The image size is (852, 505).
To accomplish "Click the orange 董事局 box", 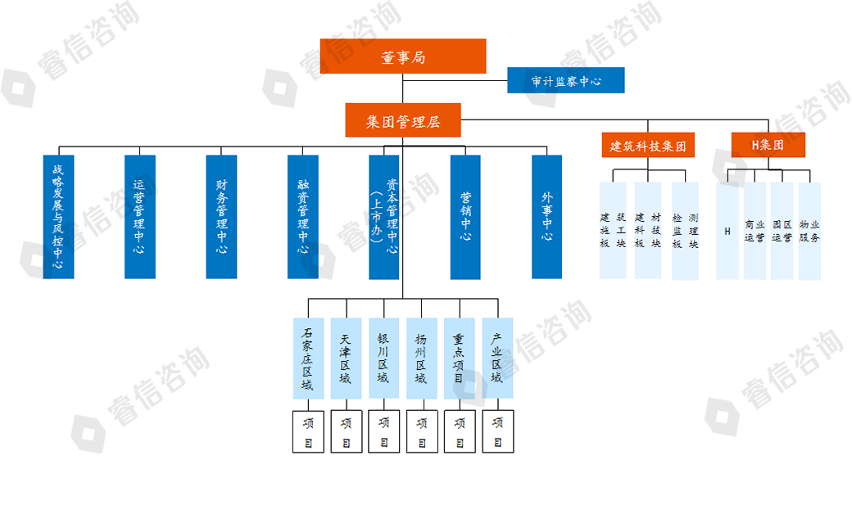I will pos(402,56).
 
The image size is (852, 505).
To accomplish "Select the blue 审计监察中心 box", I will pos(565,80).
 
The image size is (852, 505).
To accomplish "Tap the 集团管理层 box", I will pos(402,120).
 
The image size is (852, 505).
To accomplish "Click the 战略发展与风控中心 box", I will pos(58,217).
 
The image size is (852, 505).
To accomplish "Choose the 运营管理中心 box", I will pos(139,217).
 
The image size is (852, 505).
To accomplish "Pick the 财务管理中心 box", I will pos(221,217).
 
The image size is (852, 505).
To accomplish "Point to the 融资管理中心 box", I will pos(302,217).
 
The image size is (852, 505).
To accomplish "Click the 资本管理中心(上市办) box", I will pos(383,217).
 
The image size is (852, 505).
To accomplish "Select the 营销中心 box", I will pos(465,217).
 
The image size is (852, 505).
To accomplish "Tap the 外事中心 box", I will pos(546,217).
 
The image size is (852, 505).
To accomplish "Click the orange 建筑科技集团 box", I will pos(647,146).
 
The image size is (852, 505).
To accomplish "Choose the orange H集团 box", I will pos(768,145).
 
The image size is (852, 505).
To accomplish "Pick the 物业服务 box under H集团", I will pos(809,231).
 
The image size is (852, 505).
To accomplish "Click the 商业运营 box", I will pos(755,231).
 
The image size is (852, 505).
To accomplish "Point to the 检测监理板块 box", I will pos(685,231).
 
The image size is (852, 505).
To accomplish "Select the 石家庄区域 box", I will pos(308,358).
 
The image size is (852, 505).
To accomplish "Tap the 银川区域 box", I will pos(383,358).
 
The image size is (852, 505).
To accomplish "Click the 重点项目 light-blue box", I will pos(459,358).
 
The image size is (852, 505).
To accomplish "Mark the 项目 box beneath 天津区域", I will pos(346,431).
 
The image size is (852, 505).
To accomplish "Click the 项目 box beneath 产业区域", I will pos(496,431).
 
